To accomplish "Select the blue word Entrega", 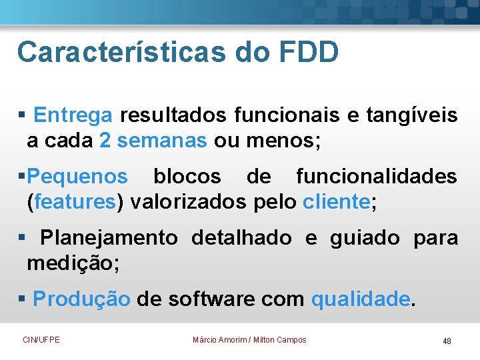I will point(73,115).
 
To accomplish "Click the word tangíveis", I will point(411,115).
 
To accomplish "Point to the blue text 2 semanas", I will point(153,141).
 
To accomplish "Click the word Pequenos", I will point(78,177).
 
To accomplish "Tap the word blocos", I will point(187,177).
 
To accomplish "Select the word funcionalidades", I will point(377,177).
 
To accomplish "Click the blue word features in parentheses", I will point(75,203).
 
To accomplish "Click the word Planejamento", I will point(109,237).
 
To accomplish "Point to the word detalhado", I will point(241,237).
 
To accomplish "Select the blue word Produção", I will point(81,299).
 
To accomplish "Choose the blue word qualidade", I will point(361,299).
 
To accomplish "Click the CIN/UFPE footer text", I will point(41,340).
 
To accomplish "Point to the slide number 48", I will point(447,341).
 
